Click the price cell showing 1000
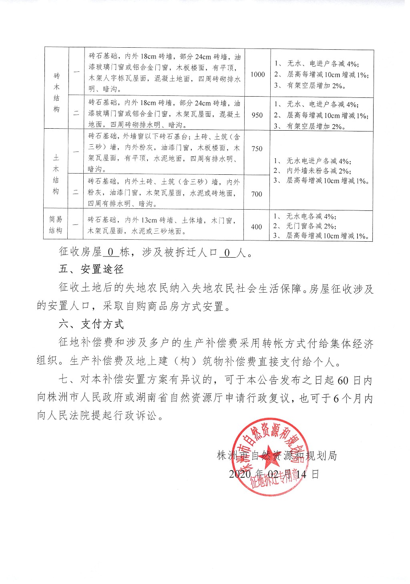pos(257,74)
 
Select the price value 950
pos(257,115)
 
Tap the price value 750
pos(257,149)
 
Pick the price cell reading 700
pos(257,194)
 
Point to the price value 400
pos(257,227)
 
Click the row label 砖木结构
pos(56,92)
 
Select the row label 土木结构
pos(56,174)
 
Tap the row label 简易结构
pos(56,225)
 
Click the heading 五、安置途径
pos(91,269)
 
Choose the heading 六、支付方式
pos(91,324)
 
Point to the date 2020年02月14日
pos(274,474)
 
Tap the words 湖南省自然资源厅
pos(181,398)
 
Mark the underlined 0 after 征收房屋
pos(111,253)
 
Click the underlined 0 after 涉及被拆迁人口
pos(227,253)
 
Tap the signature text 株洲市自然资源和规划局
pos(276,456)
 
